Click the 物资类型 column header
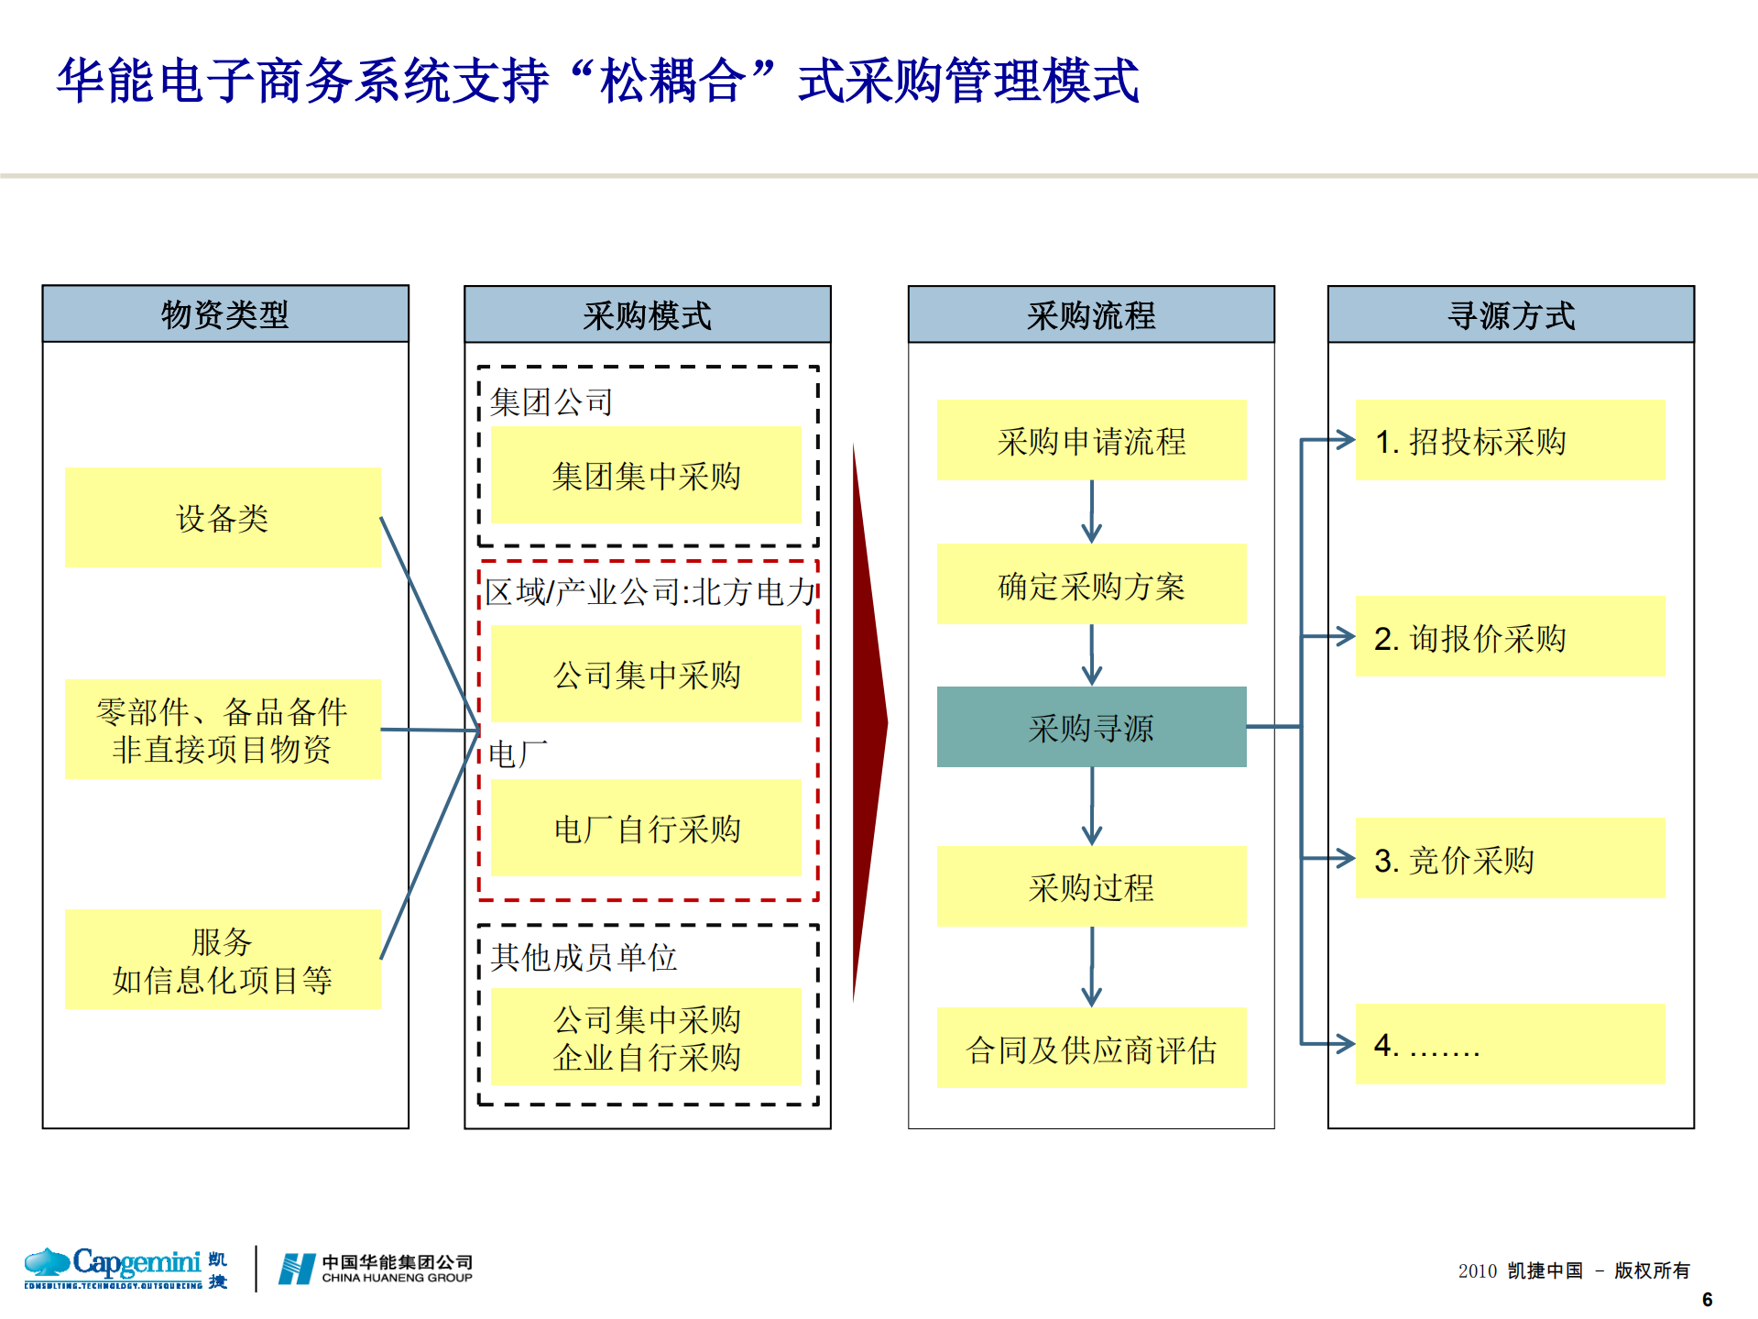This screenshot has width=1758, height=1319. (x=225, y=314)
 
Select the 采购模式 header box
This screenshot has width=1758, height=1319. (x=647, y=315)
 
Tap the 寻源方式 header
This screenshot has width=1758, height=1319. (x=1511, y=315)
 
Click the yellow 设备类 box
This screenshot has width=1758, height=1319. (x=223, y=518)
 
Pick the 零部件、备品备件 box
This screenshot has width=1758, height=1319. (x=223, y=730)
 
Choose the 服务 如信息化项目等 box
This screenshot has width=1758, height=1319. (x=223, y=960)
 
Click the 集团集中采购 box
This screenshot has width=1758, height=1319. (x=646, y=476)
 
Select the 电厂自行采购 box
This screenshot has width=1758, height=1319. (x=646, y=829)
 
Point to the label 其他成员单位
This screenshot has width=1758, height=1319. (x=584, y=958)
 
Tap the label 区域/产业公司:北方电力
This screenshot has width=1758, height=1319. (x=649, y=592)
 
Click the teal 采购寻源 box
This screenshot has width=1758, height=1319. (x=1091, y=728)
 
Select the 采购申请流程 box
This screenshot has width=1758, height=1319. (x=1091, y=441)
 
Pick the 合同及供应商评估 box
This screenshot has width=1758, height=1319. (x=1091, y=1050)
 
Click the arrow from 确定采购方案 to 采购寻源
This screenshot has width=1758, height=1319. (x=1091, y=655)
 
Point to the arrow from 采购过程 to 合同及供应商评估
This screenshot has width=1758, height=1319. (x=1091, y=967)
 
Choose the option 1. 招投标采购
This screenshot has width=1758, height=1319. (x=1510, y=441)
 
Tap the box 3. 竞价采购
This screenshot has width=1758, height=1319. (x=1510, y=859)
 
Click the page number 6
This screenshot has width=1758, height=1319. (x=1707, y=1300)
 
